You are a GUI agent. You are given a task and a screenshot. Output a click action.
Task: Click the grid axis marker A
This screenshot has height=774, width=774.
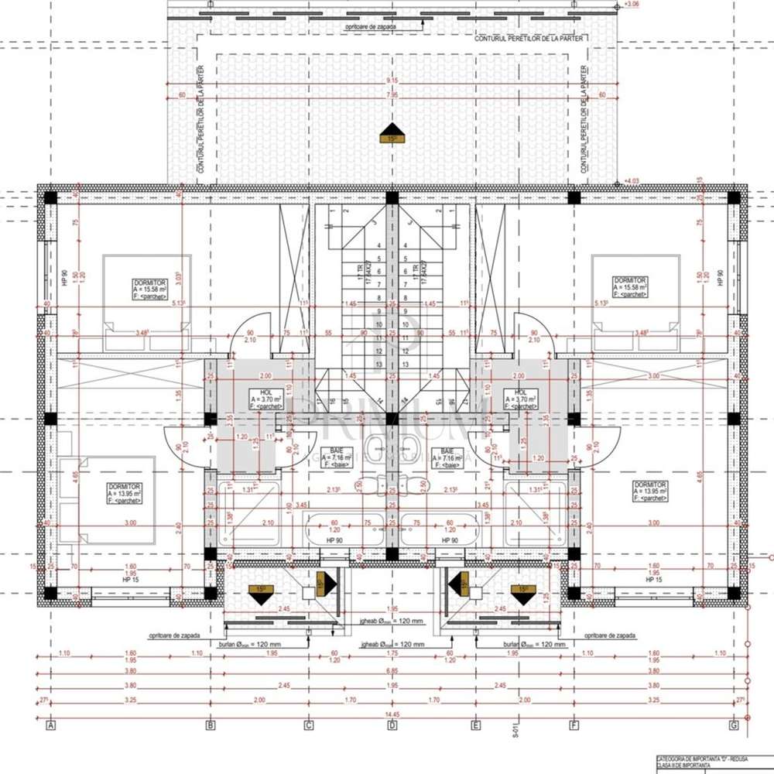tap(51, 725)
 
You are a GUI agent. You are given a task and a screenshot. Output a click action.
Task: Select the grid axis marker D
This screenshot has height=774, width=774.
tap(392, 725)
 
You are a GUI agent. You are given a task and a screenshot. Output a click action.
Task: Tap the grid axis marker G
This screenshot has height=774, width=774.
tap(732, 725)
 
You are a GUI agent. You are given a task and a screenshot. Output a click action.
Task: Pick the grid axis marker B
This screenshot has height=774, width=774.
tap(210, 725)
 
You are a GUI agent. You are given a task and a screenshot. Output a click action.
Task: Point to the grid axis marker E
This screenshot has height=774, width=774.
tap(476, 725)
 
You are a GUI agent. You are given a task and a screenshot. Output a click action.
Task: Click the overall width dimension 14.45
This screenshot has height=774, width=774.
tap(392, 714)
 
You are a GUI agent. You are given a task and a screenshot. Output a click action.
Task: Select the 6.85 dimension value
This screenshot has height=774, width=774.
tap(392, 670)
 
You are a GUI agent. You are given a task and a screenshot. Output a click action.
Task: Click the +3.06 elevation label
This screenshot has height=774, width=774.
tap(632, 5)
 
